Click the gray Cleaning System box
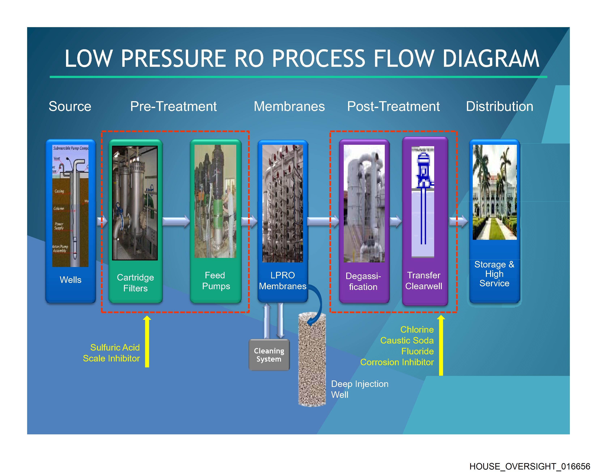[269, 355]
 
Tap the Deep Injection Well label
[359, 389]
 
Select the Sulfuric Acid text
[115, 347]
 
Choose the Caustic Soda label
[407, 340]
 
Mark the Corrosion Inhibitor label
[397, 362]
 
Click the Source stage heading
[70, 106]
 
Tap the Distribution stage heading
[499, 106]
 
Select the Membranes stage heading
[289, 106]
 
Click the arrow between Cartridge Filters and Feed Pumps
[176, 221]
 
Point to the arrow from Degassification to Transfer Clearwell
[396, 221]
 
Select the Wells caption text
[71, 280]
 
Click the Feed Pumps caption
[216, 281]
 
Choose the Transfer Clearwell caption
[424, 281]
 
